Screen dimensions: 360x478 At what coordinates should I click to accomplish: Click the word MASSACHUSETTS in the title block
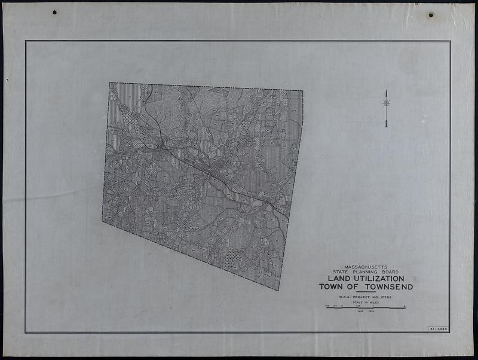[366, 267]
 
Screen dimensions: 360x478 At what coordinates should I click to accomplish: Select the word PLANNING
[366, 272]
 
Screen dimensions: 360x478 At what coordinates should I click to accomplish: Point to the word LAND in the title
[338, 279]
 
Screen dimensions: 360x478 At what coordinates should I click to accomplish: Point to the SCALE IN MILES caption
[365, 303]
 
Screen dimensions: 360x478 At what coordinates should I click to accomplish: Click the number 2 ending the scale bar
[405, 306]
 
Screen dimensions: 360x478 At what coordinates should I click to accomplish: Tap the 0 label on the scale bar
[342, 306]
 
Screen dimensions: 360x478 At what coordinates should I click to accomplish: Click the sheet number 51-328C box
[438, 328]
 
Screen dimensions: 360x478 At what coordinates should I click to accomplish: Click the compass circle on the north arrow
[386, 103]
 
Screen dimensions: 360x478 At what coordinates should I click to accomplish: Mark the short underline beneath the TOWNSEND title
[366, 292]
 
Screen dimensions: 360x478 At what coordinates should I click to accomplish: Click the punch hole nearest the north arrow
[431, 14]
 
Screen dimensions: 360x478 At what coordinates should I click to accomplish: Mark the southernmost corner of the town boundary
[278, 291]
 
